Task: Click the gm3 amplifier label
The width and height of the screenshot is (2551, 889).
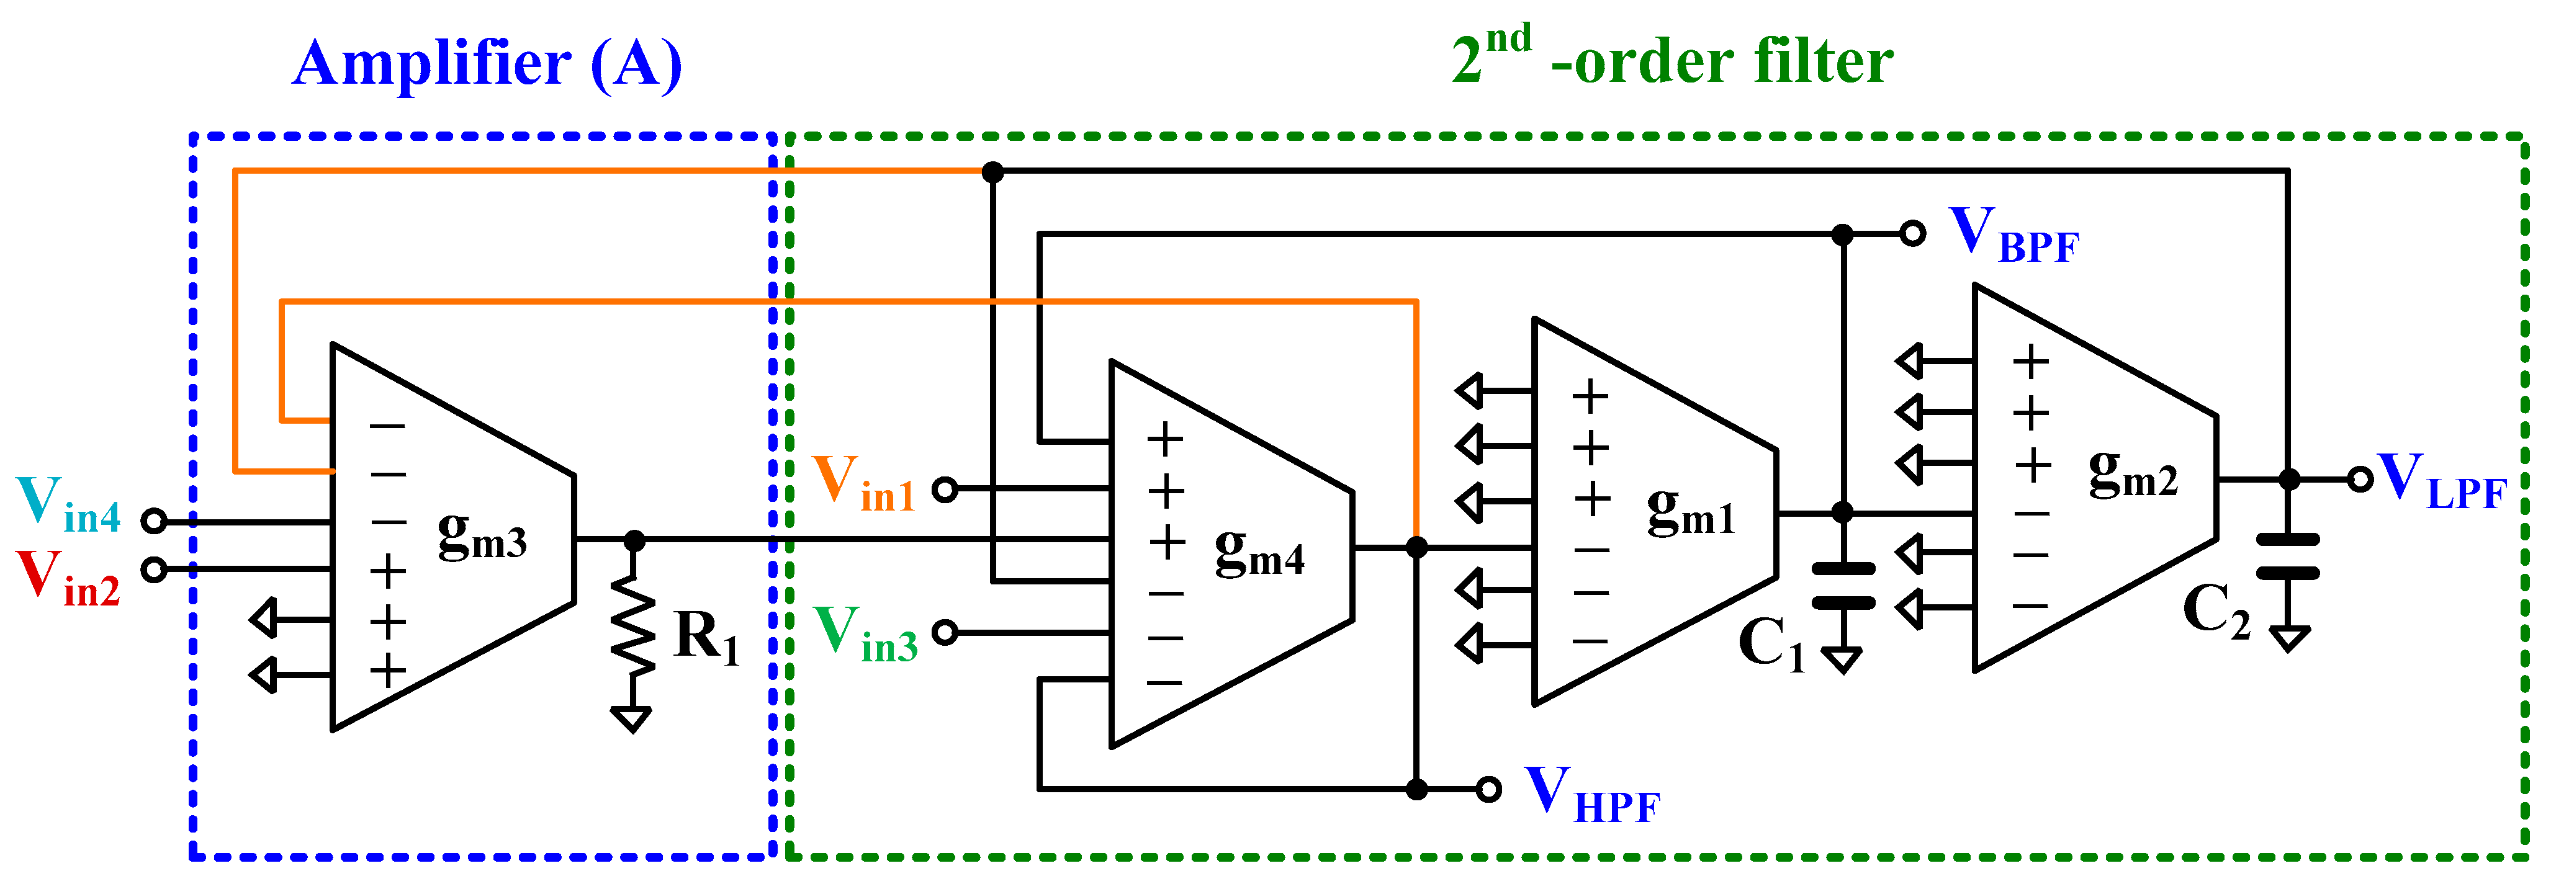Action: coord(482,538)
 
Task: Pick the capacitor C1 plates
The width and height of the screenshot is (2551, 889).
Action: coord(1843,585)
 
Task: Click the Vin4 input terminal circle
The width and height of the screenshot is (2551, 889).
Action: coord(153,520)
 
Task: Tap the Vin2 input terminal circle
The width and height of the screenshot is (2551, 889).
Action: coord(153,570)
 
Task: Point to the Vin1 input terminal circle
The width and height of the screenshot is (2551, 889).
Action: coord(946,489)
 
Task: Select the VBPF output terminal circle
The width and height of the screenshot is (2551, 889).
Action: coord(1912,235)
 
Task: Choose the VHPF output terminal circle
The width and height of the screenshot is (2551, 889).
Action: coord(1487,789)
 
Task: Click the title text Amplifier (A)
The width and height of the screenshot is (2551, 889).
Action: coord(487,65)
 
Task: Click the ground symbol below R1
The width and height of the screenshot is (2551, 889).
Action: coord(632,719)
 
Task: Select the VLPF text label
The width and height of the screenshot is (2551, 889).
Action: coord(2441,482)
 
